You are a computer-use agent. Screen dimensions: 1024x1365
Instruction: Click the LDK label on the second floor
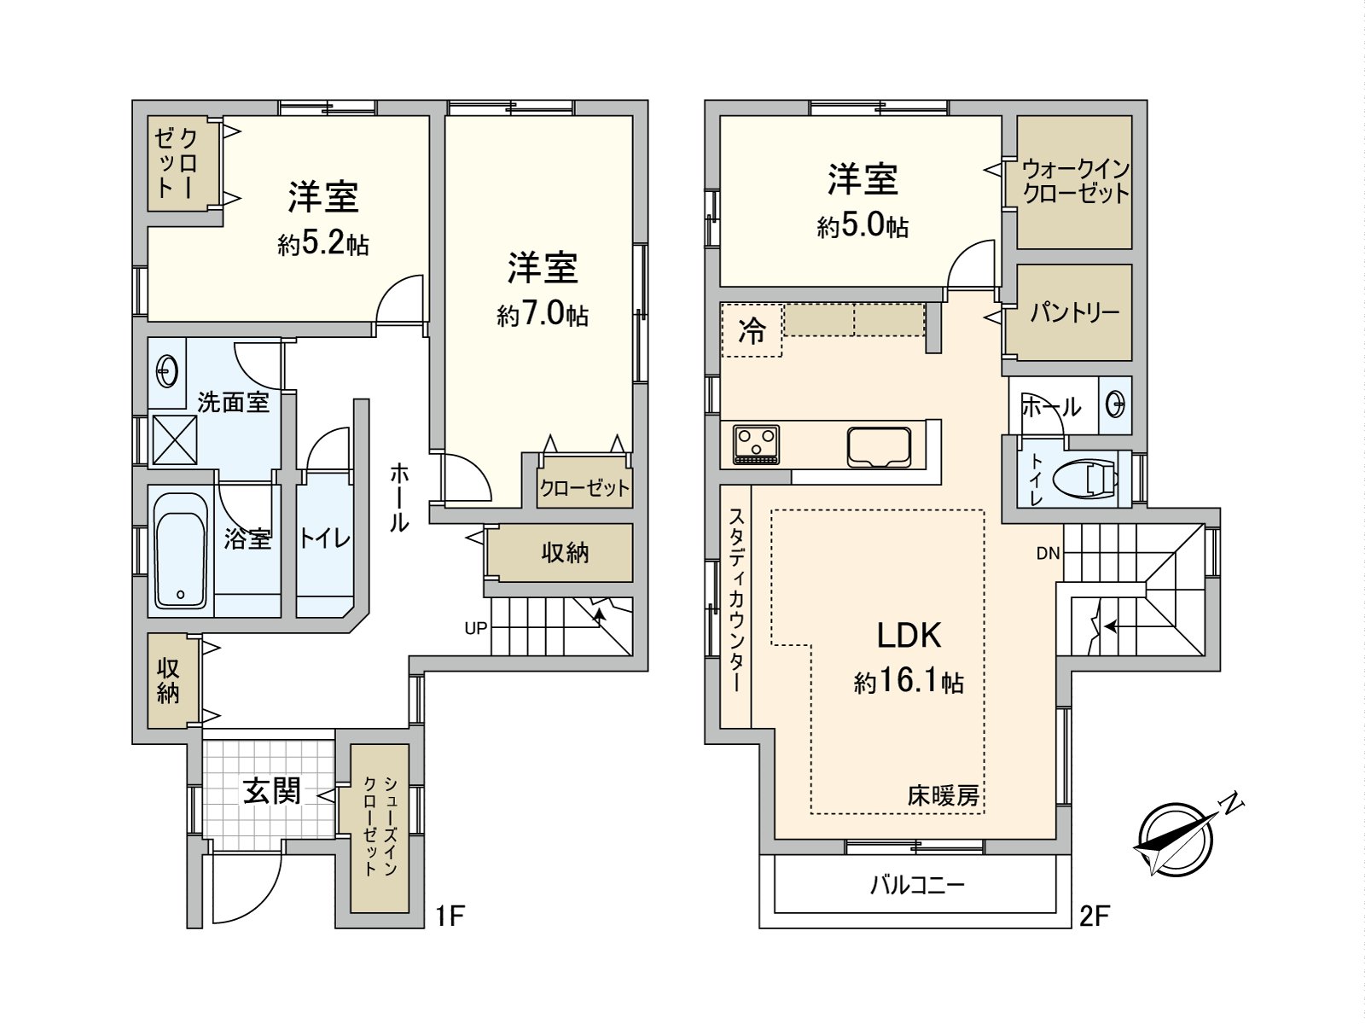(909, 636)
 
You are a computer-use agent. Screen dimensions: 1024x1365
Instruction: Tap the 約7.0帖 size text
(543, 315)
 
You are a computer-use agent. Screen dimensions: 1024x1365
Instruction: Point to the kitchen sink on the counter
(879, 446)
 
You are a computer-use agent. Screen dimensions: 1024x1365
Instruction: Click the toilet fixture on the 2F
(1085, 478)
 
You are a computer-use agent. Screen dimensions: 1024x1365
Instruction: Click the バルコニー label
(917, 884)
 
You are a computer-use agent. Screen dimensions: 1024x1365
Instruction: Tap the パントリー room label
(1074, 312)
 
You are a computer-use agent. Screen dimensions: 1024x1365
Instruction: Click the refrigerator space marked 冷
(752, 330)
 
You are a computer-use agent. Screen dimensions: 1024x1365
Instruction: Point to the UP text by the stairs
(476, 628)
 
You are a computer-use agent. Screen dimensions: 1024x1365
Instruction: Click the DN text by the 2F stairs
(1048, 553)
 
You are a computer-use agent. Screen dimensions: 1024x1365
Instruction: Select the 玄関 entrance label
(271, 791)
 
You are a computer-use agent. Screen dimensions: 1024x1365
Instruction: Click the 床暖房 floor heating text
(943, 796)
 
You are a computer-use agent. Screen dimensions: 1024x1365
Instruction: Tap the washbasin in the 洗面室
(166, 372)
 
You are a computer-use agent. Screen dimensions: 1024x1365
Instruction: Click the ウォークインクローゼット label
(1075, 181)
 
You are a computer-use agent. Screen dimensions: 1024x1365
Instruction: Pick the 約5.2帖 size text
(322, 244)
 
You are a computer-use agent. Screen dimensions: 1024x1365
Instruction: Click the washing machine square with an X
(174, 439)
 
